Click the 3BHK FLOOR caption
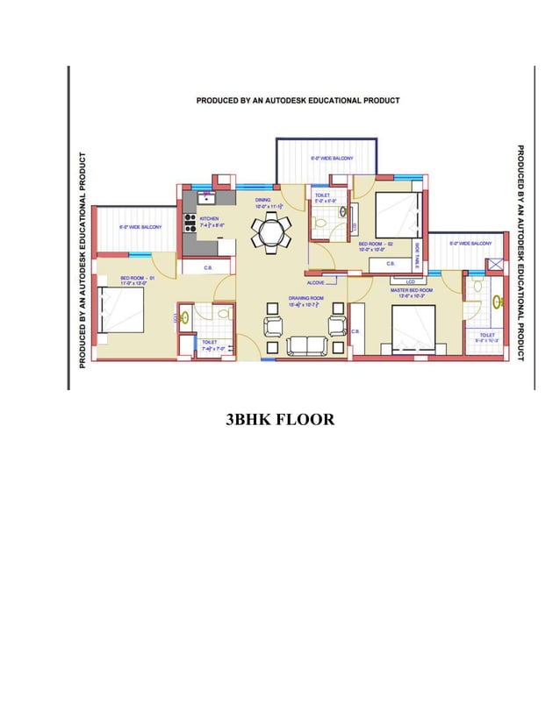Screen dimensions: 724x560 [280, 420]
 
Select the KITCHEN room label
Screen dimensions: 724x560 [209, 219]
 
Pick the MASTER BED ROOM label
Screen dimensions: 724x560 [411, 290]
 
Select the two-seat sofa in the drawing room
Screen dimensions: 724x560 [305, 345]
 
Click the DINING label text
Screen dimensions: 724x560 [263, 200]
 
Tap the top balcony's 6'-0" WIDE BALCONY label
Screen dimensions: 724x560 [331, 159]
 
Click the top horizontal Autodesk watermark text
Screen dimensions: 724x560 [298, 100]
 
